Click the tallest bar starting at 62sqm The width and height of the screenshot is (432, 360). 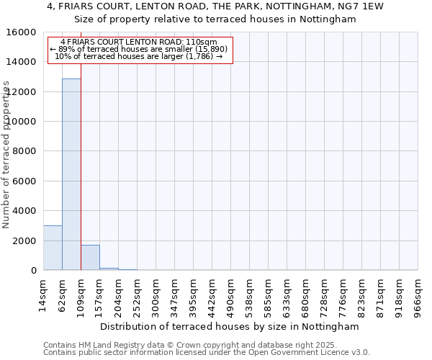coord(71,174)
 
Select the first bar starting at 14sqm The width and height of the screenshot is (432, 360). coord(53,248)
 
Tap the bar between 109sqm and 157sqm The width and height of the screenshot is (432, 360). coord(90,257)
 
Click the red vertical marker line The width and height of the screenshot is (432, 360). coord(81,166)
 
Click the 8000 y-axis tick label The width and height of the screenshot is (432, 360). coord(26,151)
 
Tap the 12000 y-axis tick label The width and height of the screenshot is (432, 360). coord(23,92)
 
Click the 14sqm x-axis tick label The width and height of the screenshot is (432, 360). coord(43,293)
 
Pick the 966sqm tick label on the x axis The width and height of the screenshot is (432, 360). coord(418,295)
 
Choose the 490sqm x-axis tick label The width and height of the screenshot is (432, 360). coord(230,295)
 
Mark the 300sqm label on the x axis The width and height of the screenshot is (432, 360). coord(156,295)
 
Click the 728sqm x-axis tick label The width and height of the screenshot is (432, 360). coord(324,295)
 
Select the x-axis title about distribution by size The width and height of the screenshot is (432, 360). coord(229,326)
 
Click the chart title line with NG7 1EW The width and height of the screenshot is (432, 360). coord(215,6)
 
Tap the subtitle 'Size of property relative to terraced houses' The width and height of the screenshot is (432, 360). coord(215,19)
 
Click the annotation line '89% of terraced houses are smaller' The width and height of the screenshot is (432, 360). coord(139,49)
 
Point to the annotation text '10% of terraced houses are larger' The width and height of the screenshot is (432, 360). coord(139,56)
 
